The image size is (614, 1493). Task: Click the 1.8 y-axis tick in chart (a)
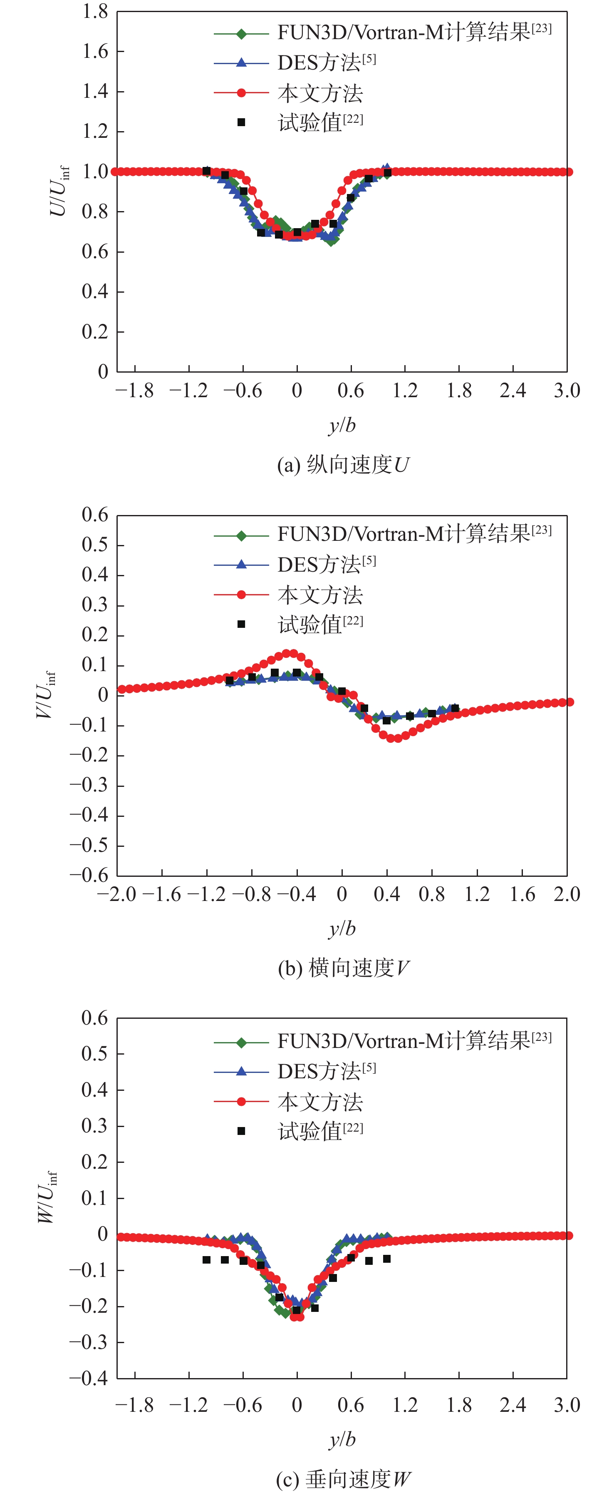click(94, 12)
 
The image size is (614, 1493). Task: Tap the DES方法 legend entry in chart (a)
click(326, 62)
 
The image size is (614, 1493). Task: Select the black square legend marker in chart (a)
click(242, 122)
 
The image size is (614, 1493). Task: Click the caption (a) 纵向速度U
click(343, 465)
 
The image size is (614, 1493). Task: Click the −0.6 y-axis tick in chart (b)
click(89, 875)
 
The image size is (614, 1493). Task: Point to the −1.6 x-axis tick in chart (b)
click(161, 895)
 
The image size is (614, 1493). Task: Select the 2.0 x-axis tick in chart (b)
click(567, 895)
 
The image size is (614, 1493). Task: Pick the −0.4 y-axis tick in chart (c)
click(89, 1378)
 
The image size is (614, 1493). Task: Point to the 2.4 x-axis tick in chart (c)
click(512, 1406)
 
